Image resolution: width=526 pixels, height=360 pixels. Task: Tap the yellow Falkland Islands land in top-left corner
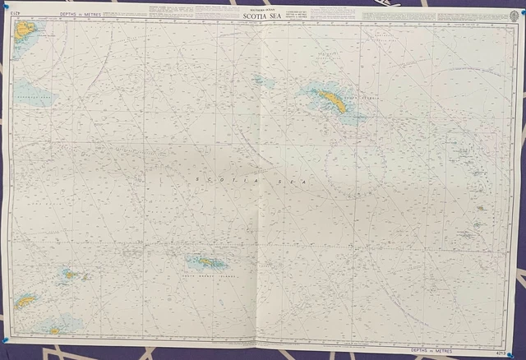(25, 31)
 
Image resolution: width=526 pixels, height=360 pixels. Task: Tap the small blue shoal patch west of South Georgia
(262, 81)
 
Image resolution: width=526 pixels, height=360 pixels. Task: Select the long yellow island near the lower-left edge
(25, 302)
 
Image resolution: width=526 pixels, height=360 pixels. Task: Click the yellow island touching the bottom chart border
(54, 330)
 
